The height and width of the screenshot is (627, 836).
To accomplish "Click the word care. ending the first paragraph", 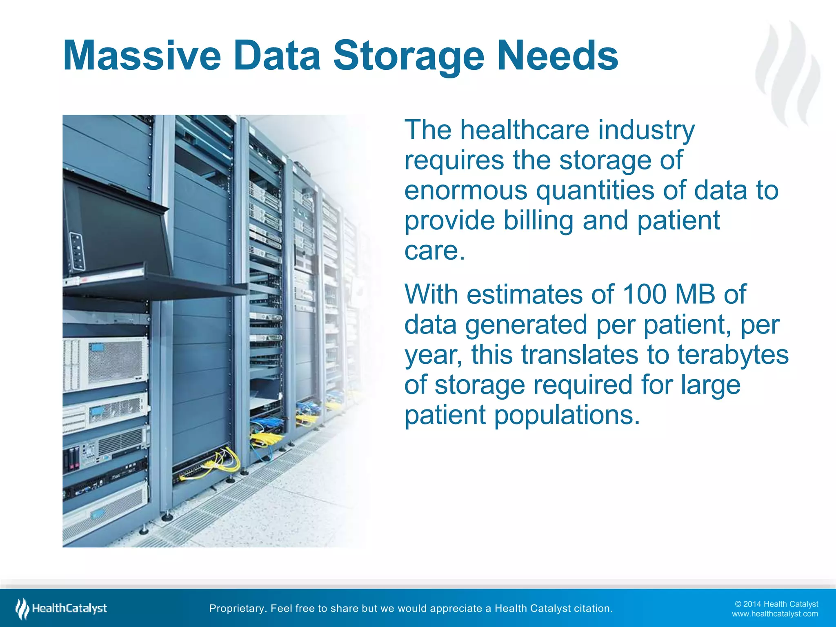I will pyautogui.click(x=434, y=251).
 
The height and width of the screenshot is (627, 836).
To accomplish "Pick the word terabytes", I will pyautogui.click(x=733, y=354).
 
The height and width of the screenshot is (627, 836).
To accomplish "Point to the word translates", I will pyautogui.click(x=580, y=354).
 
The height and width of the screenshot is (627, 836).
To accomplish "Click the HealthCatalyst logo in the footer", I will pyautogui.click(x=61, y=609).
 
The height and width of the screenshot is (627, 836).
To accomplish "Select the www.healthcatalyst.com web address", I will pyautogui.click(x=775, y=614).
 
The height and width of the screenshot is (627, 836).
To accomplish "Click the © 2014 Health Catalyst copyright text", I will pyautogui.click(x=776, y=604).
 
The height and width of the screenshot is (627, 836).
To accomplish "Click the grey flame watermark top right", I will pyautogui.click(x=788, y=73).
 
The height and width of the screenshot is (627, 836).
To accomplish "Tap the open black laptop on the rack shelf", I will pyautogui.click(x=118, y=229).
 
